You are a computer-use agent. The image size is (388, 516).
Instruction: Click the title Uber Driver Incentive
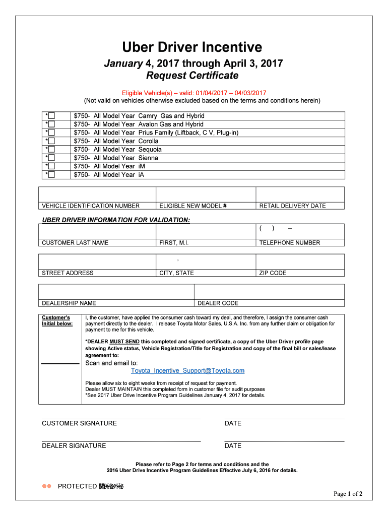192,47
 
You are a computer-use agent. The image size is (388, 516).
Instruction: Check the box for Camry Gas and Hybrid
51,116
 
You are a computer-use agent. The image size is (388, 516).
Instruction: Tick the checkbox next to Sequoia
51,150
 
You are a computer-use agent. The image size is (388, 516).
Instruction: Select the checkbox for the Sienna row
51,158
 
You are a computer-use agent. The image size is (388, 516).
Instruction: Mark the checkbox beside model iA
51,175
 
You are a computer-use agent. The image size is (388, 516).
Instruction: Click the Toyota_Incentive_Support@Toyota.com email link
187,371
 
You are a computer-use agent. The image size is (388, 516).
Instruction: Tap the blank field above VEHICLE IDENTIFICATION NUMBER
98,195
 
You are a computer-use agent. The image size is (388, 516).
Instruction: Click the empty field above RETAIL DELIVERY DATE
300,195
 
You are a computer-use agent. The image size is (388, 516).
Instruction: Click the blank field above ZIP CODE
300,262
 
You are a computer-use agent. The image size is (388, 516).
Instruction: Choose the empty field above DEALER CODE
269,292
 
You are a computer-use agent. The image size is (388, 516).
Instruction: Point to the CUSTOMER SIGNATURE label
79,423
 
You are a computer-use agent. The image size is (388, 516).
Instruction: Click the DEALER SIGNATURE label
74,446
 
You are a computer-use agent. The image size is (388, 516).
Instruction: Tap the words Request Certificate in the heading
192,76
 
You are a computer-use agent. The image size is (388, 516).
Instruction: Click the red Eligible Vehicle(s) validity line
194,93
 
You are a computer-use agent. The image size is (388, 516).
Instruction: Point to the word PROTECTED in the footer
77,486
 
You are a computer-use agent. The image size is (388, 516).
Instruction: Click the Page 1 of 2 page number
348,494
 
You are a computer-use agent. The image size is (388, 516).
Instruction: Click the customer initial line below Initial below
60,363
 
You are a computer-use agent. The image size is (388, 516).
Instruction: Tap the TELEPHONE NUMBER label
289,243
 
